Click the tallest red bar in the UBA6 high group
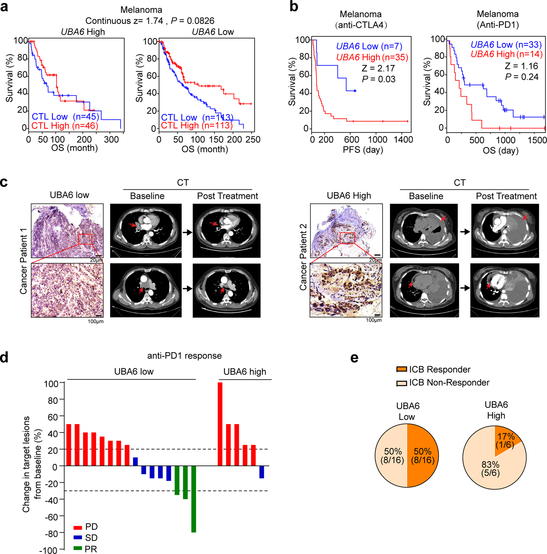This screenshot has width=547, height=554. pyautogui.click(x=220, y=424)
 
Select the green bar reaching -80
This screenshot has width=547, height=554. pyautogui.click(x=194, y=498)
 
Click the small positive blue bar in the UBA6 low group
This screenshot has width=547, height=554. pyautogui.click(x=135, y=461)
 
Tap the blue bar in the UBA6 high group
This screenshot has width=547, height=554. pyautogui.click(x=262, y=472)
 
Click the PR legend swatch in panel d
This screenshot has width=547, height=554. pyautogui.click(x=78, y=548)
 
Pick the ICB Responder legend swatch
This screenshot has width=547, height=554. pyautogui.click(x=401, y=369)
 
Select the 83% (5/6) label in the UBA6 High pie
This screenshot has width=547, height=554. pyautogui.click(x=490, y=469)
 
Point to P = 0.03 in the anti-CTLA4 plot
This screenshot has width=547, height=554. pyautogui.click(x=379, y=79)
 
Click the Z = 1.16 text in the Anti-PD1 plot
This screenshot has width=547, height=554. pyautogui.click(x=521, y=66)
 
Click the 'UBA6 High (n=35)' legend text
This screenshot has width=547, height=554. pyautogui.click(x=372, y=57)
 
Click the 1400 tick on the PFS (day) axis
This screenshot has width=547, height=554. pyautogui.click(x=404, y=140)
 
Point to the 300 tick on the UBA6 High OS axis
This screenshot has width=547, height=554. pyautogui.click(x=111, y=140)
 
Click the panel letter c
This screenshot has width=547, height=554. pyautogui.click(x=4, y=182)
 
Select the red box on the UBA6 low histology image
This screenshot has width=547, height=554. pyautogui.click(x=85, y=239)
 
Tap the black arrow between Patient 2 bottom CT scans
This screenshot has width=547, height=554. pyautogui.click(x=465, y=288)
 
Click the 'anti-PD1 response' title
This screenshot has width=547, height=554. pyautogui.click(x=184, y=356)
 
